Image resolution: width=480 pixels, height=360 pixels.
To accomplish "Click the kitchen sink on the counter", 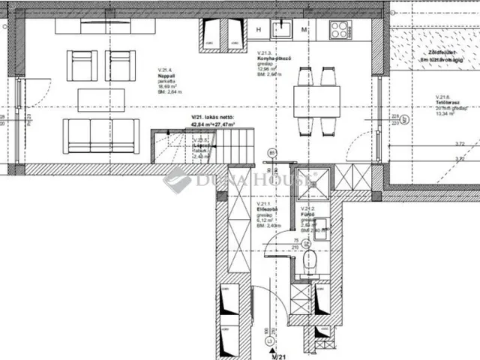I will tap(282, 28).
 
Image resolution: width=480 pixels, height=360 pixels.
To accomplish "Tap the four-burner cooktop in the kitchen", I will tap(339, 30).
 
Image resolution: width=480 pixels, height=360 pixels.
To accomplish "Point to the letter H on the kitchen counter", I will tap(258, 29).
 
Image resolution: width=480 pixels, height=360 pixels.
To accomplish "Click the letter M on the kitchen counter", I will tap(304, 29).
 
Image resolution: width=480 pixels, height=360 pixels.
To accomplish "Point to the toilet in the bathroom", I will tap(311, 262).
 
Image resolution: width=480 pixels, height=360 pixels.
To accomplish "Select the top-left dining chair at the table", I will tap(304, 76).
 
